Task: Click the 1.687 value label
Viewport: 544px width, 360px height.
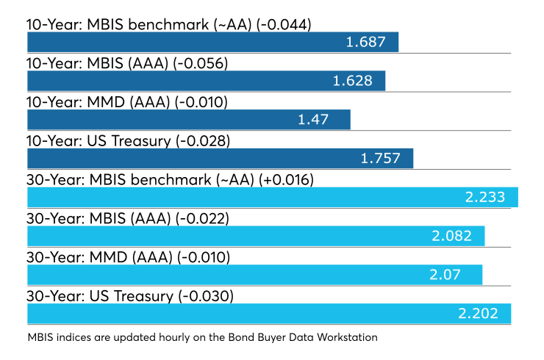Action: pos(366,42)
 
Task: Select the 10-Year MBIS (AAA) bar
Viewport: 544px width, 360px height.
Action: pos(206,81)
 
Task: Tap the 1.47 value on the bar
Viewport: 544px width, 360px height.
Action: pos(313,119)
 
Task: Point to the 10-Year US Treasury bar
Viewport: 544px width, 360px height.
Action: pos(220,159)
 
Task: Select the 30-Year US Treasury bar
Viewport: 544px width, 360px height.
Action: pos(269,314)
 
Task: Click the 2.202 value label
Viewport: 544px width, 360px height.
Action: pos(479,314)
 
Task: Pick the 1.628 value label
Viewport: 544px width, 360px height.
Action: pos(353,81)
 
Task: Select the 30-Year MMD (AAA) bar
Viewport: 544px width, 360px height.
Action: pos(254,275)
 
